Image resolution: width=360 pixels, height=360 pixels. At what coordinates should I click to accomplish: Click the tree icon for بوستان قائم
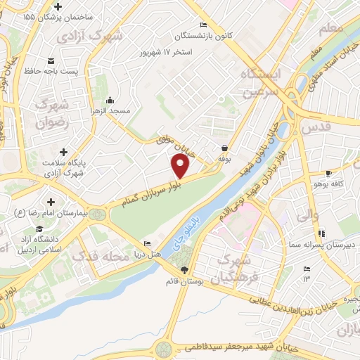coord(184,270)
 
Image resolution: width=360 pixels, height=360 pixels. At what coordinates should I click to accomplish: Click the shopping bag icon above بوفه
coord(224,148)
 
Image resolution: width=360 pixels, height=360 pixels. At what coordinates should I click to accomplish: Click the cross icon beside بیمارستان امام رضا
coord(51,202)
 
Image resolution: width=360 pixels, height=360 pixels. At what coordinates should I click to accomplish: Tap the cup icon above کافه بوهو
coord(328,174)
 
